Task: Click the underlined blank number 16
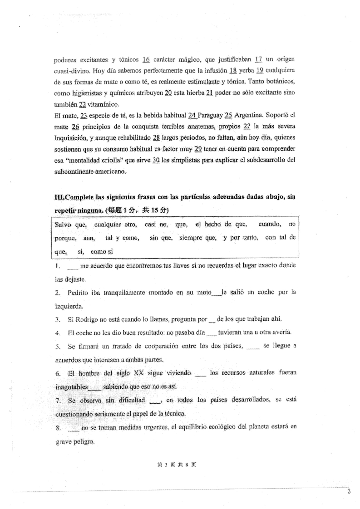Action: (146, 59)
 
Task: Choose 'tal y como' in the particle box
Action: (122, 238)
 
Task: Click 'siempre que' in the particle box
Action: (197, 238)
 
